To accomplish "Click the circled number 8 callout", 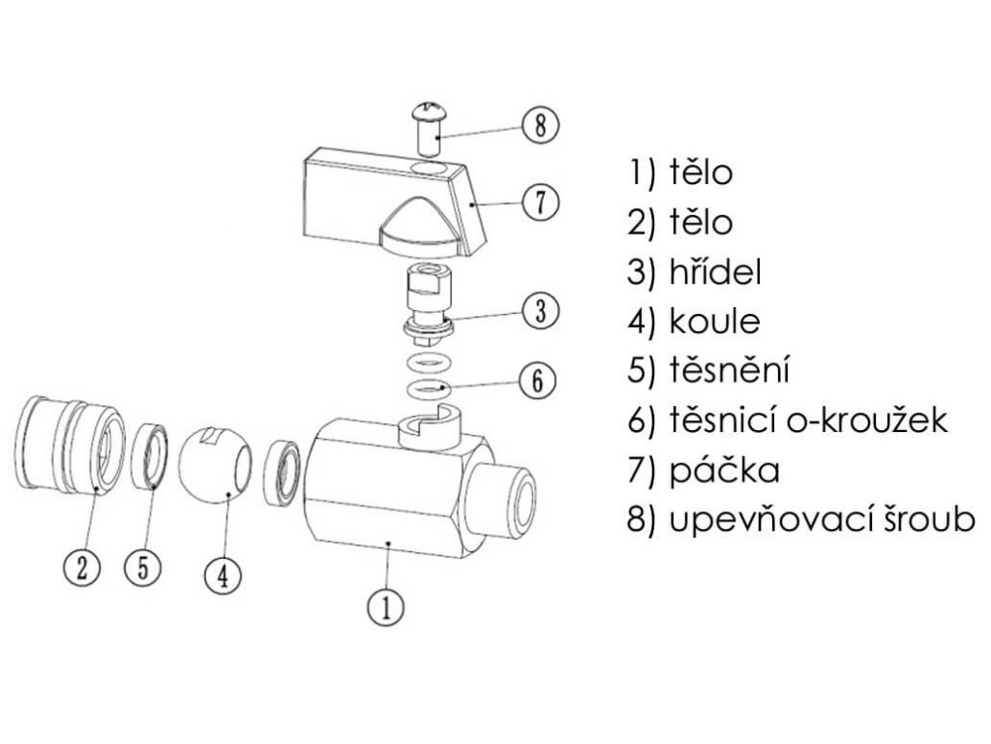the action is click(x=540, y=126).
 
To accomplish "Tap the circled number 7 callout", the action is click(x=540, y=202).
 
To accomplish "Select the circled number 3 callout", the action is click(x=540, y=311).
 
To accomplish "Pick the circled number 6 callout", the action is click(x=540, y=379).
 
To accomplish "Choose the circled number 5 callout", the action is click(x=143, y=566).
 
